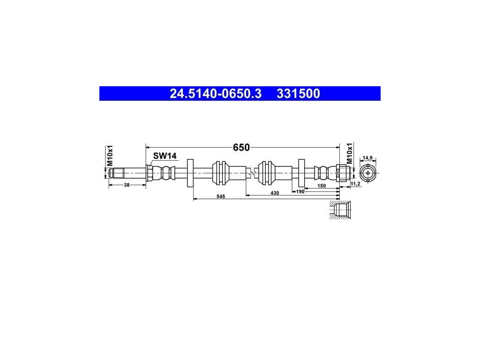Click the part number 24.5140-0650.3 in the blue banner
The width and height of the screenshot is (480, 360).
(x=216, y=94)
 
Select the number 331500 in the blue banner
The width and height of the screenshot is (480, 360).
(x=298, y=94)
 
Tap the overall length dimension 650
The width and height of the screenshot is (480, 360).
(x=241, y=148)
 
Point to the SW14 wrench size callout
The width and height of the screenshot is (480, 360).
(x=165, y=156)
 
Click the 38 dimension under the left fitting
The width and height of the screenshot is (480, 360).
(x=127, y=185)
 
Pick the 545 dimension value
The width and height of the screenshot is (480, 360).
(x=221, y=196)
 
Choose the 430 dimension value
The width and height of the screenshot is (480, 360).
(x=275, y=193)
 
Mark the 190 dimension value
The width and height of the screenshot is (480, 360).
(x=300, y=191)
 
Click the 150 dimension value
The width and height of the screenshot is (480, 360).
(x=322, y=186)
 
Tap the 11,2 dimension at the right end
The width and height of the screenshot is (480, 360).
(x=355, y=184)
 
